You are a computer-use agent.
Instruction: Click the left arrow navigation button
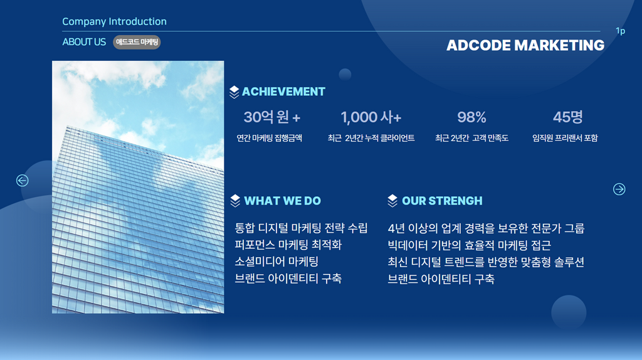pyautogui.click(x=22, y=180)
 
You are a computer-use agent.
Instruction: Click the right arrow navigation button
pyautogui.click(x=619, y=189)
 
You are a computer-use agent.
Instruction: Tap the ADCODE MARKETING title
pyautogui.click(x=525, y=45)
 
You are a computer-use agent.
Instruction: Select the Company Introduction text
pyautogui.click(x=114, y=21)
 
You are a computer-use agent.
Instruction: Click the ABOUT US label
pyautogui.click(x=84, y=42)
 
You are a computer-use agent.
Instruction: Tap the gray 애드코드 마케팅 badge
pyautogui.click(x=137, y=42)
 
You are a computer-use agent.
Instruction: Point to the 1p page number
pyautogui.click(x=620, y=31)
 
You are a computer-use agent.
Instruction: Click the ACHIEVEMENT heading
pyautogui.click(x=283, y=92)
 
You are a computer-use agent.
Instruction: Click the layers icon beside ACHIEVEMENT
pyautogui.click(x=234, y=92)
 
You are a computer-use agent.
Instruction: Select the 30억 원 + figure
pyautogui.click(x=272, y=117)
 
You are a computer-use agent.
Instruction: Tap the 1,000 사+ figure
pyautogui.click(x=371, y=117)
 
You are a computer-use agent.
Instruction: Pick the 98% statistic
pyautogui.click(x=471, y=117)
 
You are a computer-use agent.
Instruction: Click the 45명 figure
pyautogui.click(x=567, y=117)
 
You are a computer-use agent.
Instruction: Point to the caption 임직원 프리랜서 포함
pyautogui.click(x=565, y=138)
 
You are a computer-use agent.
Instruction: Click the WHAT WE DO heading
pyautogui.click(x=283, y=201)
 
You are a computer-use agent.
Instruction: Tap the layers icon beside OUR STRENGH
pyautogui.click(x=392, y=201)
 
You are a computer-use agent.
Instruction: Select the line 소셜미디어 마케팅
pyautogui.click(x=276, y=262)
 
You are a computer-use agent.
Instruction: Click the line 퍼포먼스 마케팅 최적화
pyautogui.click(x=288, y=245)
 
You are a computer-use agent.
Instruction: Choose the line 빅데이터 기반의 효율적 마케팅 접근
pyautogui.click(x=469, y=245)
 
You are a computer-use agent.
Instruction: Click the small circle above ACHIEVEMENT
pyautogui.click(x=345, y=75)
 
